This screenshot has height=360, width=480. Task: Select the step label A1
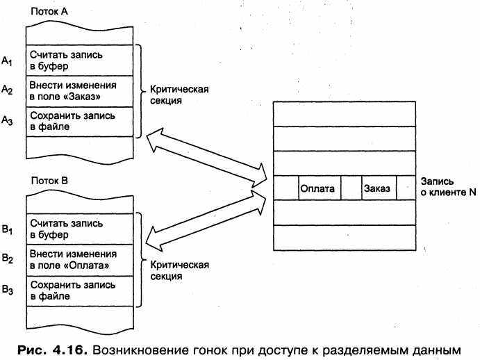[8, 61]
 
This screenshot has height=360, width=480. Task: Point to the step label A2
[8, 90]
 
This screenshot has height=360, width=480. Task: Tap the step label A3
[8, 121]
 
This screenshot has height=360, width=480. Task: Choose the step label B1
[8, 229]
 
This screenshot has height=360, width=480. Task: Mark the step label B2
[8, 259]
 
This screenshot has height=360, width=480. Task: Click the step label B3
[8, 289]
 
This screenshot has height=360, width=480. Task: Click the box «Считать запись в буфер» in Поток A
[79, 60]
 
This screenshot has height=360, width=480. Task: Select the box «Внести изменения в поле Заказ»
[79, 90]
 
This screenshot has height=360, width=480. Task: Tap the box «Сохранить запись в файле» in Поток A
[79, 121]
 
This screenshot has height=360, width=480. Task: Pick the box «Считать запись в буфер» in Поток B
[79, 229]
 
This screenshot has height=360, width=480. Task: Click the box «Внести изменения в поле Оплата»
[79, 260]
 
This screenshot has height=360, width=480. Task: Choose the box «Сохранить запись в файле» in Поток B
[79, 290]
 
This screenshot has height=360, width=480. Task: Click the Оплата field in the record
[319, 188]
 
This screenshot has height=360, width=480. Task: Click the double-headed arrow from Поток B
[208, 218]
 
